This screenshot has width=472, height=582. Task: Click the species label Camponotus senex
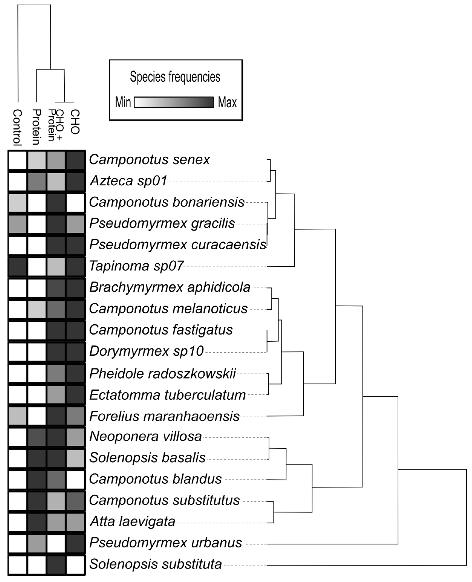[x=149, y=160]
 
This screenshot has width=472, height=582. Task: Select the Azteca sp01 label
[x=128, y=181]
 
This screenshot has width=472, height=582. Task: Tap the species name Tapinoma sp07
[x=136, y=266]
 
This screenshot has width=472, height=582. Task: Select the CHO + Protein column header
[x=55, y=125]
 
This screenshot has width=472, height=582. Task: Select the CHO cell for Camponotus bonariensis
[x=75, y=203]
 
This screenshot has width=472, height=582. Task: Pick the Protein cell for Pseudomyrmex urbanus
[x=37, y=544]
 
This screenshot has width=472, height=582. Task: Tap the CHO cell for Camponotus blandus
[x=75, y=480]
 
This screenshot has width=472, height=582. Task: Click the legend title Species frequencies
[x=175, y=77]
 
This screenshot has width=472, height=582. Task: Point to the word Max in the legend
[x=227, y=102]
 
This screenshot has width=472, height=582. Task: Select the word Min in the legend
[x=123, y=102]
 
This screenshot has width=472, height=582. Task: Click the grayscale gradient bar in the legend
[x=174, y=102]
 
